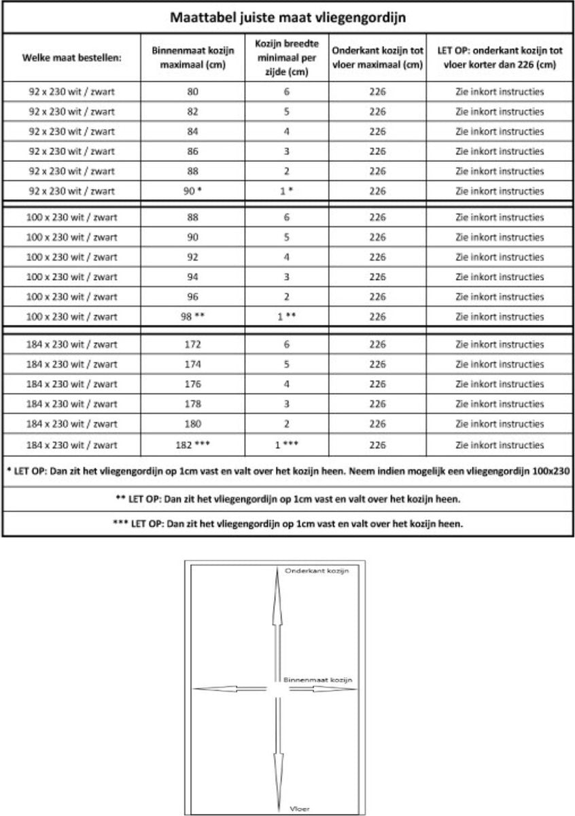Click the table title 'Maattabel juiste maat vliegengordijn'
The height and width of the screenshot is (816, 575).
pos(287,17)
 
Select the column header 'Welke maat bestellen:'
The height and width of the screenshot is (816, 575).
pos(71,57)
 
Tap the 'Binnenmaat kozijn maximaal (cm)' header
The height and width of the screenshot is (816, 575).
pos(192,57)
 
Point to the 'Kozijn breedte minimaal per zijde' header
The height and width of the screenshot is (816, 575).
pos(287,57)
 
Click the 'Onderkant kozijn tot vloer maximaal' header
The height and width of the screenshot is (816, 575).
pos(377,57)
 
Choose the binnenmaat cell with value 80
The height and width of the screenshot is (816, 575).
pos(192,92)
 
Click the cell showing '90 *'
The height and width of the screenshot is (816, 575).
pos(192,191)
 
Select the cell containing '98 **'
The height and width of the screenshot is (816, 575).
pos(192,317)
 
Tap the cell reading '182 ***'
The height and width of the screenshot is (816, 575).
pos(192,445)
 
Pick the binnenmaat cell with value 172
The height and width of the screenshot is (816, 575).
pos(192,345)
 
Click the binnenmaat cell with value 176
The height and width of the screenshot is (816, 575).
pos(192,384)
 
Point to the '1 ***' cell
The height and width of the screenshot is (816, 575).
pos(287,445)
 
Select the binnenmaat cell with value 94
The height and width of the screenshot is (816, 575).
pos(192,277)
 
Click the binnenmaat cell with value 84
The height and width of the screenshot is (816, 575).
pos(192,131)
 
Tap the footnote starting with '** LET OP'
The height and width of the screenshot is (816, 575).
pos(287,498)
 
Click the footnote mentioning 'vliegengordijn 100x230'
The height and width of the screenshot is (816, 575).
pos(287,471)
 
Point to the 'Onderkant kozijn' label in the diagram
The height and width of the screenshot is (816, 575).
pos(317,571)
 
